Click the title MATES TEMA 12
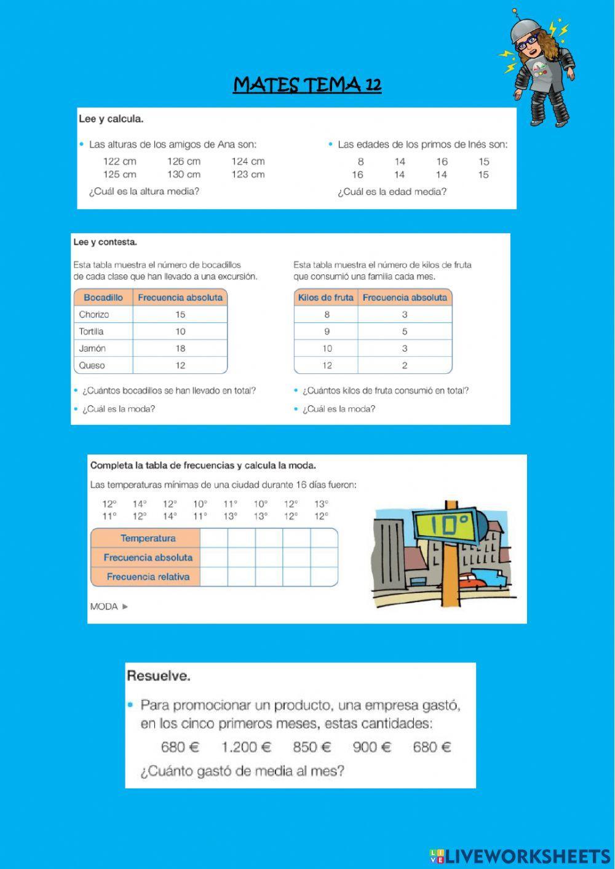(x=307, y=84)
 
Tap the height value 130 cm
(x=183, y=174)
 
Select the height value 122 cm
(x=119, y=161)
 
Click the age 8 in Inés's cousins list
(x=360, y=162)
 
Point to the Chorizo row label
(x=94, y=314)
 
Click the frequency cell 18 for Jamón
(x=180, y=348)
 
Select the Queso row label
(x=92, y=365)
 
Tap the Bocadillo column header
(x=103, y=298)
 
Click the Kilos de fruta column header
(x=325, y=298)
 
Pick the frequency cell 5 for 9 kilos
(x=405, y=331)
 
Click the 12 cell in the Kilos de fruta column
(x=327, y=365)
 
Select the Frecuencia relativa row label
(x=148, y=577)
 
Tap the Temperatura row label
(x=148, y=538)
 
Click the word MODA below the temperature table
(x=104, y=606)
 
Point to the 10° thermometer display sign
(x=450, y=525)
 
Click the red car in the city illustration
(x=469, y=580)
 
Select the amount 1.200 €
(x=246, y=747)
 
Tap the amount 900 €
(x=372, y=747)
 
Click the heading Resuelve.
(x=158, y=676)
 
